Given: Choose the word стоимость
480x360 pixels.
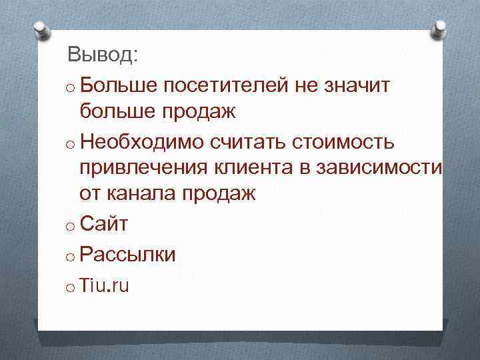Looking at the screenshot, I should [351, 141].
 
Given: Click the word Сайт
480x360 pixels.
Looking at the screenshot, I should [103, 225].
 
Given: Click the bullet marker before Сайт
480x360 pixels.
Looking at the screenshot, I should [70, 227].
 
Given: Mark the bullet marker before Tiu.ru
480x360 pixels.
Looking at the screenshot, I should [70, 288].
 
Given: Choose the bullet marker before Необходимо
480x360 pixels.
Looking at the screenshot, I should [70, 144].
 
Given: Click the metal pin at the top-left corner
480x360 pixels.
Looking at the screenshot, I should [41, 30].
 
